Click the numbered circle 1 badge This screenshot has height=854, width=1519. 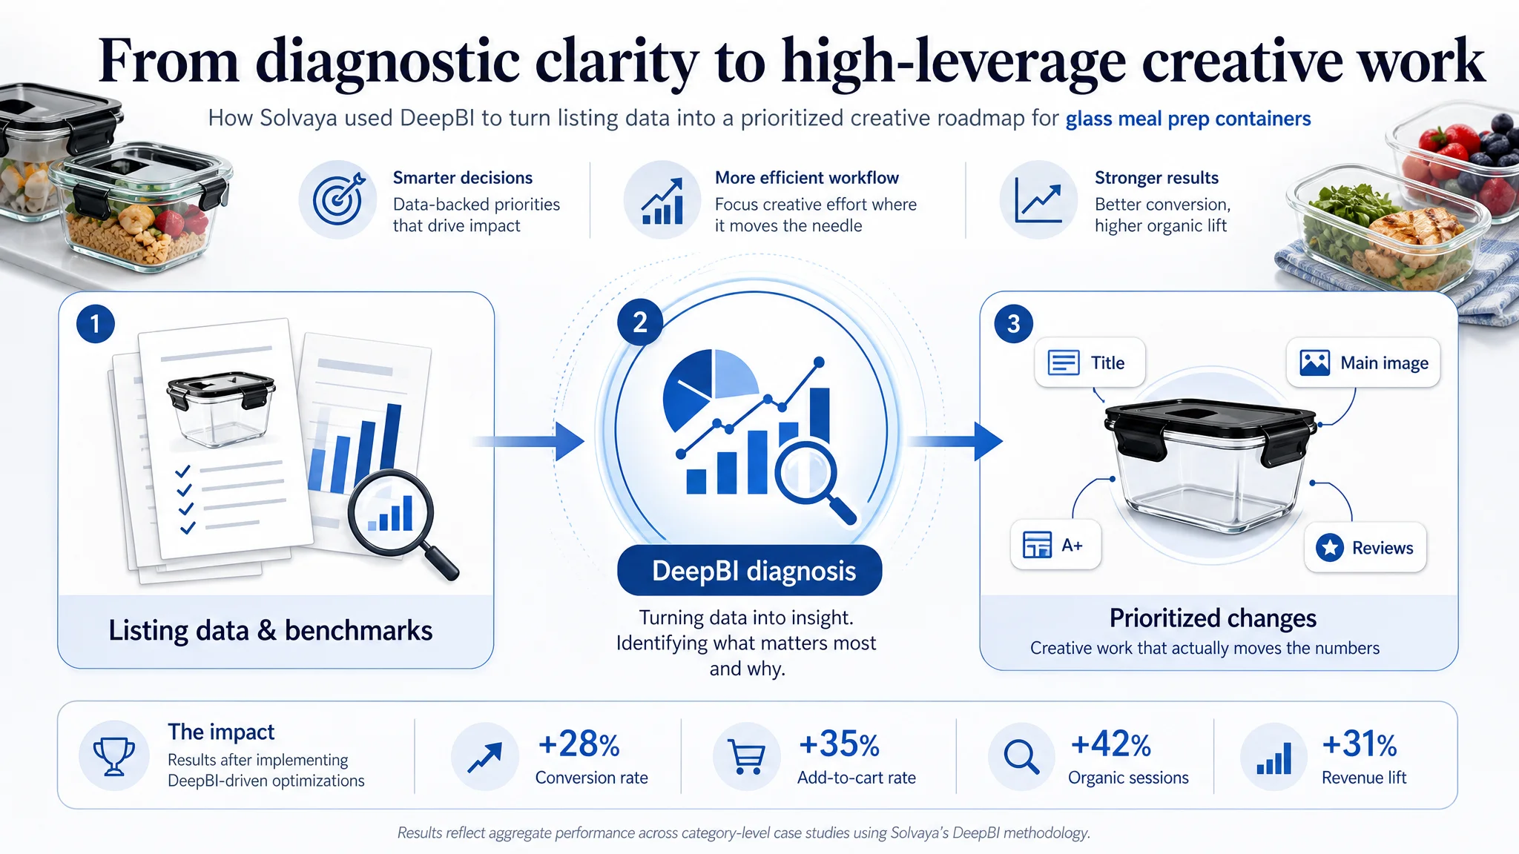(x=96, y=324)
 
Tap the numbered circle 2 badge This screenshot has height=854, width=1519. (x=640, y=322)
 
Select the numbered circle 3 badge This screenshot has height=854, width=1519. (x=1013, y=324)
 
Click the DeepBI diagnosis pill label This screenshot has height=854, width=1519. (x=749, y=571)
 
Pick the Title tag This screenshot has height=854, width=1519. (x=1090, y=363)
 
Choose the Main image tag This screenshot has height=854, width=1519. (x=1363, y=363)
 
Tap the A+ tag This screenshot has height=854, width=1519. (x=1055, y=545)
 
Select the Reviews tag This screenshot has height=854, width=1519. (x=1365, y=548)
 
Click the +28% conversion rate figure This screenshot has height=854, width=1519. (x=579, y=744)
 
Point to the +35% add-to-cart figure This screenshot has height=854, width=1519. (x=839, y=744)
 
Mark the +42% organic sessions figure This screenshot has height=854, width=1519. (x=1110, y=744)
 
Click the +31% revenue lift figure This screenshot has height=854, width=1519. (x=1360, y=744)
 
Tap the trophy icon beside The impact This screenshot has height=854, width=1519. (x=114, y=756)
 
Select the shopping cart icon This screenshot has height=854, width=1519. (x=747, y=757)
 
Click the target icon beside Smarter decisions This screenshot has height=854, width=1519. (x=338, y=199)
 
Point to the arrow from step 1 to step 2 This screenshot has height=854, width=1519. (x=528, y=442)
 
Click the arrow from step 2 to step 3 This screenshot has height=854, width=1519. (x=955, y=442)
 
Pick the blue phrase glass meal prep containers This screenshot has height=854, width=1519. (x=1188, y=119)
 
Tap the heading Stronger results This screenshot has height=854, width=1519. (x=1156, y=178)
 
